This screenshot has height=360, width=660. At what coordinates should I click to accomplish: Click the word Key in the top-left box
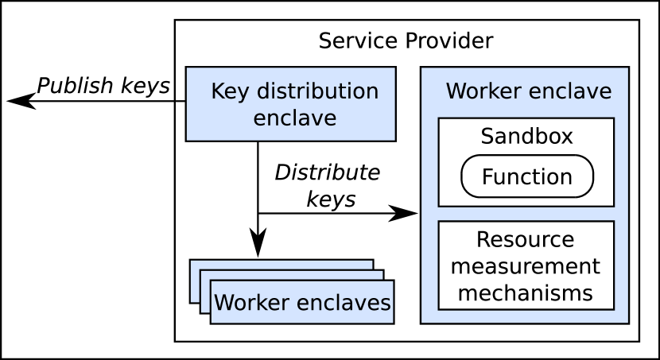tap(229, 91)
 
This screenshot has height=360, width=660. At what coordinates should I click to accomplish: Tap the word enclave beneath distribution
tap(294, 118)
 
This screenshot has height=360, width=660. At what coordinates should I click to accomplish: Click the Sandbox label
tap(526, 137)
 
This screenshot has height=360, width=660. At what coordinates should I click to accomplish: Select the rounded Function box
tap(526, 176)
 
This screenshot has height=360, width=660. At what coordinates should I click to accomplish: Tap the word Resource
tap(525, 240)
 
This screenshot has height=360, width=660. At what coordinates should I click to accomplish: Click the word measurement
tap(526, 266)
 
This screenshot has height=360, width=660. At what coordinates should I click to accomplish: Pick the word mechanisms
tap(526, 292)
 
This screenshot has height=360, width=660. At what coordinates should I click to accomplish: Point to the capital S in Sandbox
tap(486, 137)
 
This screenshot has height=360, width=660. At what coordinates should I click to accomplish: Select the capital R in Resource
tap(482, 240)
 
